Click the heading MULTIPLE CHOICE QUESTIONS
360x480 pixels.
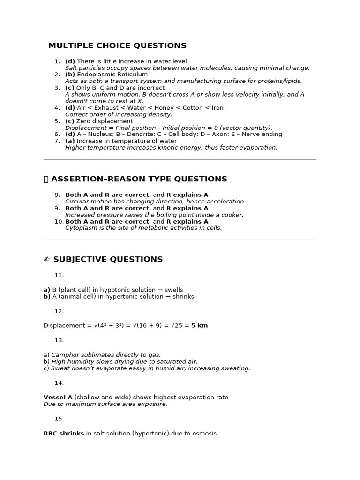click(x=117, y=45)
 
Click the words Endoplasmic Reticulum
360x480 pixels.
click(x=112, y=75)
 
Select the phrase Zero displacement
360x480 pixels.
click(x=105, y=121)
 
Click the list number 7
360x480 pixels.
click(x=57, y=141)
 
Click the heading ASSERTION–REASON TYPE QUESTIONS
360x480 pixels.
click(x=139, y=179)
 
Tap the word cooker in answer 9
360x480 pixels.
click(x=233, y=215)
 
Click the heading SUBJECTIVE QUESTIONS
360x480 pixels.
click(x=108, y=259)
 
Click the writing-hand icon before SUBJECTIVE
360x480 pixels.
click(x=46, y=259)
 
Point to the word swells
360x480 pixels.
click(x=173, y=290)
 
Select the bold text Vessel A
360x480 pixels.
click(x=58, y=397)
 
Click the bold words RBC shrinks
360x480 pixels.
click(x=63, y=434)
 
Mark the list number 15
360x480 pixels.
click(x=59, y=419)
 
